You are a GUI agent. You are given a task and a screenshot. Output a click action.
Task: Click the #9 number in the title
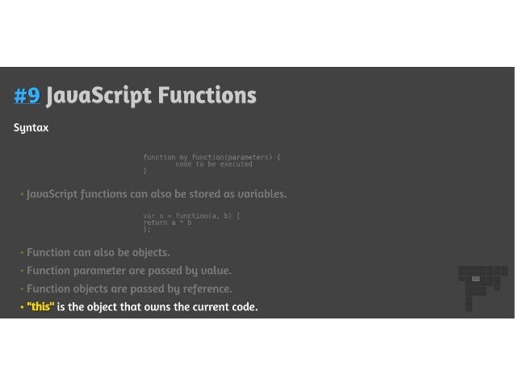pos(27,97)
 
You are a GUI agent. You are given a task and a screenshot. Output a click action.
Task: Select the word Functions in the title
pos(207,97)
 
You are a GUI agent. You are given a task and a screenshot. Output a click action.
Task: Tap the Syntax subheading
pos(31,128)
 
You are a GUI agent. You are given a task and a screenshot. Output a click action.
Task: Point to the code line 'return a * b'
pos(167,222)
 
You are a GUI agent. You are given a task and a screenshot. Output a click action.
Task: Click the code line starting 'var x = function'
pos(192,215)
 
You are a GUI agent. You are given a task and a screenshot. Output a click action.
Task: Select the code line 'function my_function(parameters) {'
pos(212,156)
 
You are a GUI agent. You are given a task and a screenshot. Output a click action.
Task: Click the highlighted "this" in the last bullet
pos(40,307)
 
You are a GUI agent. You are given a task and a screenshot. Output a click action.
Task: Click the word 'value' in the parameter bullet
pos(214,270)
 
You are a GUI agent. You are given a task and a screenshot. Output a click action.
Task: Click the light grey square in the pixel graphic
pos(475,279)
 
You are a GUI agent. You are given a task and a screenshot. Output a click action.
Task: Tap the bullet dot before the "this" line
pos(22,307)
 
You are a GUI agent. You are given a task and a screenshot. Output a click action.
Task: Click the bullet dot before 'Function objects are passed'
pos(22,288)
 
